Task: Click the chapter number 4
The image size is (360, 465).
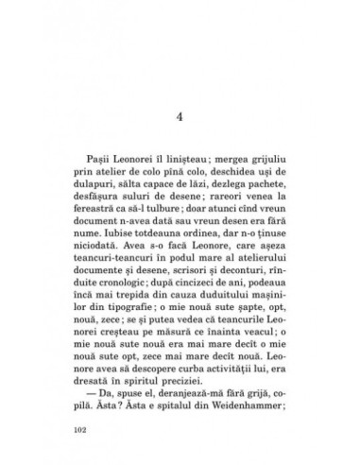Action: (180, 92)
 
